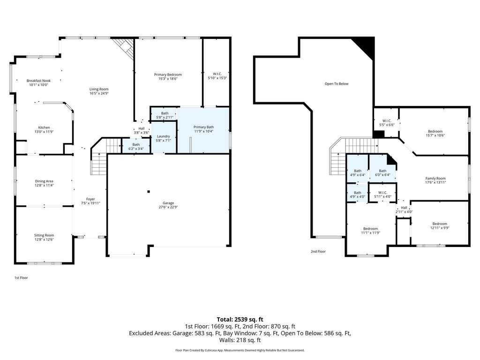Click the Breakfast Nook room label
point(38,81)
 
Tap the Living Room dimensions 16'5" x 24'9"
point(99,93)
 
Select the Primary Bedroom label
point(168,75)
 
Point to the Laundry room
point(164,137)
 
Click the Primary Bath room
point(204,130)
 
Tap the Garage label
point(168,203)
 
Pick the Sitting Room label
point(44,235)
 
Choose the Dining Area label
point(44,181)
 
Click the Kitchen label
point(44,127)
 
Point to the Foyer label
point(90,199)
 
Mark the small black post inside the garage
point(149,192)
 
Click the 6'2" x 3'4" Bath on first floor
point(136,146)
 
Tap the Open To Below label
point(337,83)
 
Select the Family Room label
point(435,179)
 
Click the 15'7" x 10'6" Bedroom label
point(435,131)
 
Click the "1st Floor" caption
point(21,277)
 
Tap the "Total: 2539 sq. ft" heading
point(240,320)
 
